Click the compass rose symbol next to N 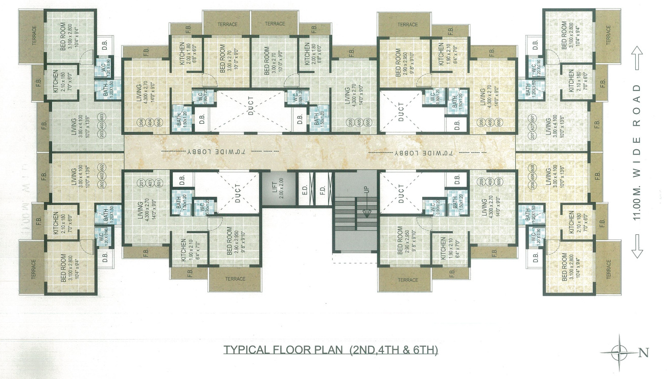click(619, 351)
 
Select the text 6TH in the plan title click(426, 351)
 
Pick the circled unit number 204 click(142, 123)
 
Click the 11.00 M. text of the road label click(636, 205)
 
